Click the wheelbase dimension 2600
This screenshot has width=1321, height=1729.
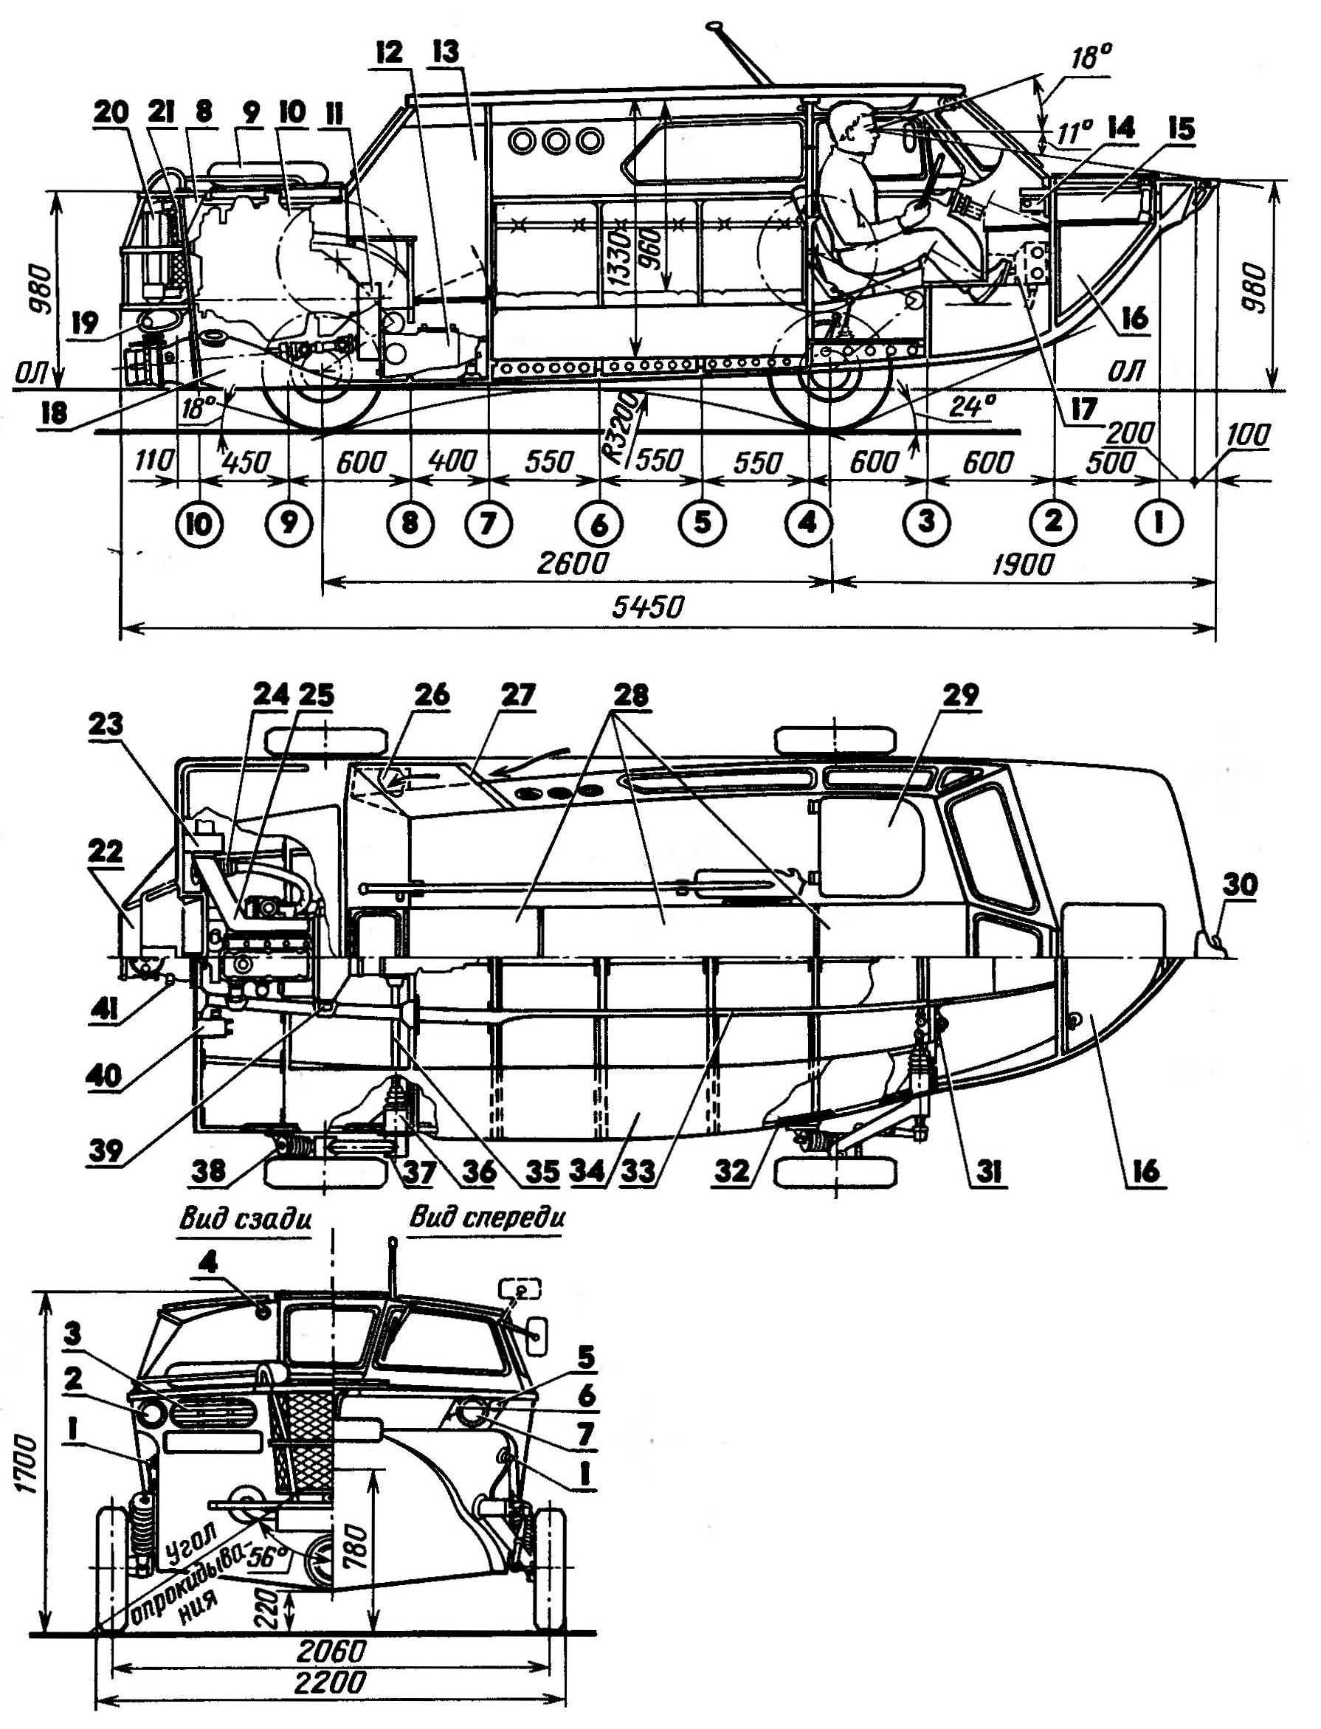573,564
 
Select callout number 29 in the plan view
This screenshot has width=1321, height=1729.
961,697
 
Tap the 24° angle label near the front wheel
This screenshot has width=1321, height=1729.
973,407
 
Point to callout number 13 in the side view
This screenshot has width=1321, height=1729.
445,53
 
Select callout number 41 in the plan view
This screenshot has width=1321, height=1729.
104,1009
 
